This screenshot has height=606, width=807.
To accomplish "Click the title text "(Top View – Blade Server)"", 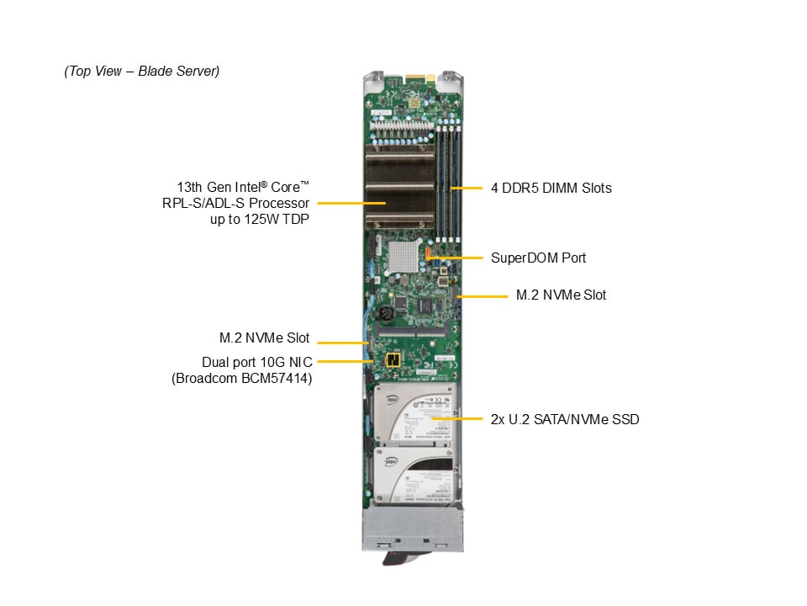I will [x=141, y=72].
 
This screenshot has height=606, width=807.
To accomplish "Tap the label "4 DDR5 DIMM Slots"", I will [x=551, y=188].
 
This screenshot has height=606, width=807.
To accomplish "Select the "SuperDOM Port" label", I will [x=538, y=258].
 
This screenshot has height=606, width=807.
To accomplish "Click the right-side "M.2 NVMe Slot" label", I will [x=561, y=295].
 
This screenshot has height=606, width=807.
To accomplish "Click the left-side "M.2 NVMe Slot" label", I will [x=264, y=338].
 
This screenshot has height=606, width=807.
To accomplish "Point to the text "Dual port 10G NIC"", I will [x=256, y=362].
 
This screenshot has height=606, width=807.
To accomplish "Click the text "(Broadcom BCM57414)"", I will [x=241, y=379].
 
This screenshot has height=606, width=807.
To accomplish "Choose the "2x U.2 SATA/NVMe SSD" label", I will [x=565, y=418].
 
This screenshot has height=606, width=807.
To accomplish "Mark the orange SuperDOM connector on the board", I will [x=429, y=253].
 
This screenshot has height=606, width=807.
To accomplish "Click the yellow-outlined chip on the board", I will [x=391, y=361].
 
